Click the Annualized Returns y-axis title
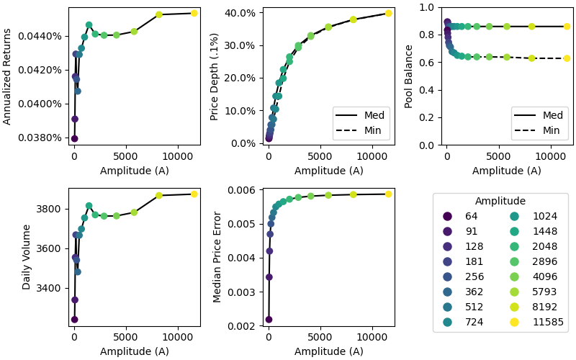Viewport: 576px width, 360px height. point(8,76)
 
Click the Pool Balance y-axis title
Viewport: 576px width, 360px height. point(409,76)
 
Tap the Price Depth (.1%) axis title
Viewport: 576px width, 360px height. point(215,76)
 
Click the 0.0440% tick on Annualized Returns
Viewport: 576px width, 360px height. point(45,35)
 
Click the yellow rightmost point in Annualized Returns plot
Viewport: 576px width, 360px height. point(194,13)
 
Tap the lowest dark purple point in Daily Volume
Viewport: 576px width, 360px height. point(74,320)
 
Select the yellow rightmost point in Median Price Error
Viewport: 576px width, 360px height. point(388,194)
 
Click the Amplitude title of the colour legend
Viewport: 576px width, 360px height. point(500,201)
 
